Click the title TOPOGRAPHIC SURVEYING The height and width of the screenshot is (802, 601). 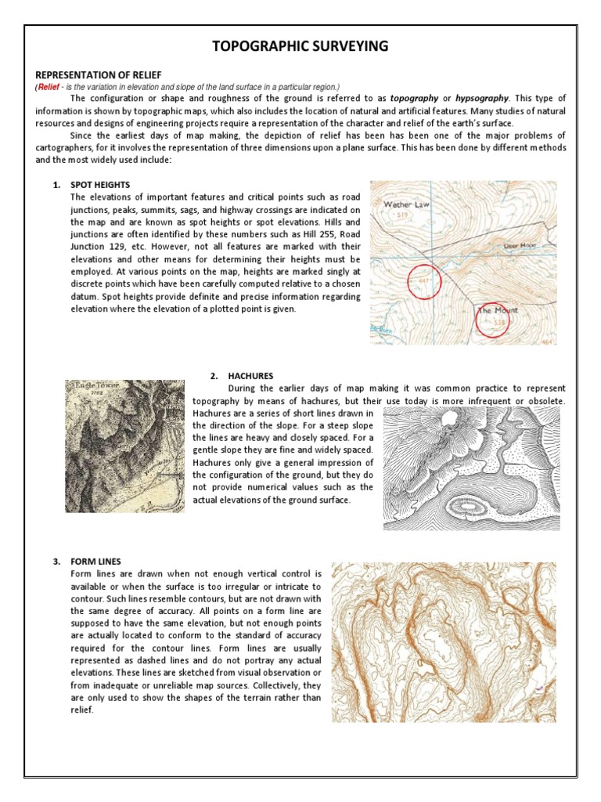click(x=300, y=46)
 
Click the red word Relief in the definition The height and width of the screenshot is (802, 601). click(x=48, y=86)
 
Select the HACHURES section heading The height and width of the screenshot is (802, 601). click(x=251, y=376)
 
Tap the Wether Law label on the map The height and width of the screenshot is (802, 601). click(x=406, y=204)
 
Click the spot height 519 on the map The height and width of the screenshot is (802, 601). click(x=402, y=214)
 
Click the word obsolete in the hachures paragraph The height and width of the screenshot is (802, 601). click(x=544, y=401)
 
